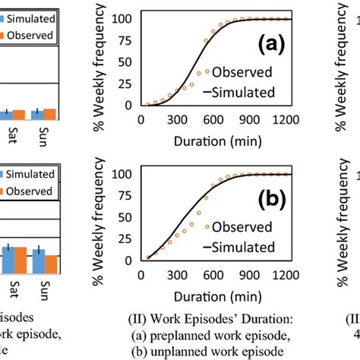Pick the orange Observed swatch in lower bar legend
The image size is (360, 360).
pos(5,192)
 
